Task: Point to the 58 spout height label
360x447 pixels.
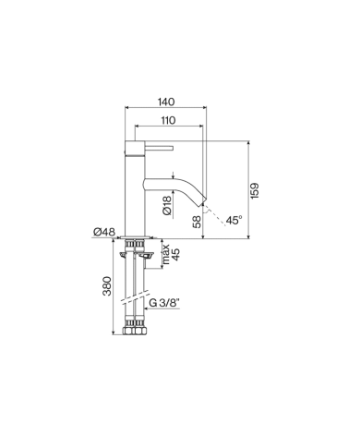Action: point(197,222)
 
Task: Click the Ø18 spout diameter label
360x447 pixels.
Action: point(166,204)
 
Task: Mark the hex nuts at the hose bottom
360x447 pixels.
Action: point(135,330)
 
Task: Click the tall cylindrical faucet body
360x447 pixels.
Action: point(135,189)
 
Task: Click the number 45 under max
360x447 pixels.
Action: point(175,254)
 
